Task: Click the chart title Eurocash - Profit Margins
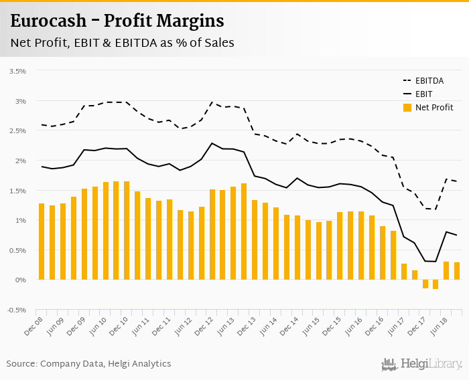pyautogui.click(x=117, y=21)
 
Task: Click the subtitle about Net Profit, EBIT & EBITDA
pyautogui.click(x=122, y=43)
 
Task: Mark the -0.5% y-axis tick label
pyautogui.click(x=16, y=310)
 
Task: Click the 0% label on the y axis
pyautogui.click(x=21, y=280)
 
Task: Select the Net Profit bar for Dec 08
pyautogui.click(x=42, y=242)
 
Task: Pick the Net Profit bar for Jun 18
pyautogui.click(x=446, y=270)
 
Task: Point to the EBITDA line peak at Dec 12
pyautogui.click(x=212, y=102)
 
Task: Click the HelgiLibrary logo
pyautogui.click(x=422, y=364)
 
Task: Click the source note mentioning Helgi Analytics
pyautogui.click(x=89, y=364)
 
